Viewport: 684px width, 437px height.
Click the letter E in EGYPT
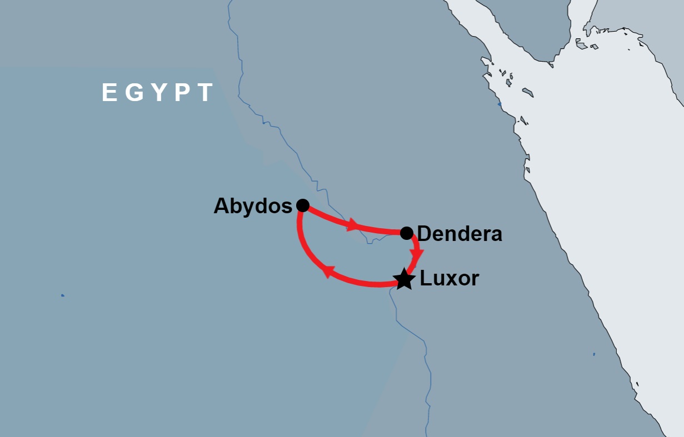point(109,93)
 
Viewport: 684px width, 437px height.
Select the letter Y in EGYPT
point(159,93)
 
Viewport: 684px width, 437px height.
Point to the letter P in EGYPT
point(183,93)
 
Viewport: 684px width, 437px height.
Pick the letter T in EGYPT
point(206,93)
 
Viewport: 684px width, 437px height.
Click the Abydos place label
point(253,206)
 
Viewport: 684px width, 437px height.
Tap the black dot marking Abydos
point(302,205)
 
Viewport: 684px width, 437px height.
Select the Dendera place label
point(460,234)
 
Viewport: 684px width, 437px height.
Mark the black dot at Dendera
point(407,232)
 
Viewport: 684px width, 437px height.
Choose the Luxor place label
point(449,278)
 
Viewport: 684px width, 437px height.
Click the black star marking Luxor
point(404,279)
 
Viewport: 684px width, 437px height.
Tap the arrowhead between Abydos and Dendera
point(352,225)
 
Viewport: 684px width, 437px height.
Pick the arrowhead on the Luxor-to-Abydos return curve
point(327,271)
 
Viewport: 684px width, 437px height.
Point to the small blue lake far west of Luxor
point(63,295)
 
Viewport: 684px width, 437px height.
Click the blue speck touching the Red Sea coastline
point(500,104)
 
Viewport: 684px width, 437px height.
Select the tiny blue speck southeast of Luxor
point(594,354)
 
